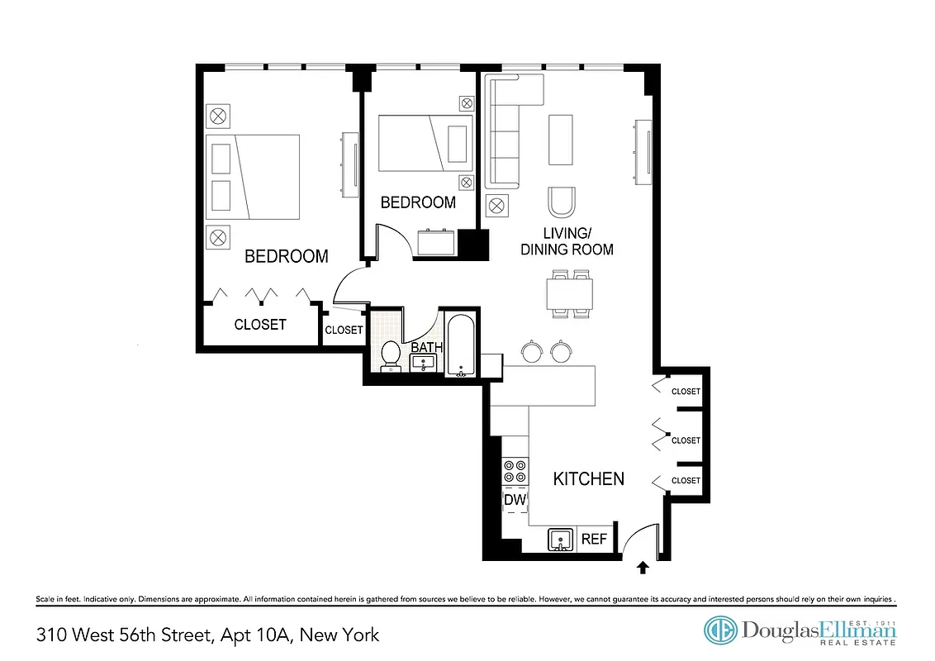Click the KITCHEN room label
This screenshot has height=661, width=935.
pos(588,478)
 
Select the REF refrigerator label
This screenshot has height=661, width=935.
pos(594,540)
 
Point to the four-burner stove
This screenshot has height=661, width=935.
pos(515,471)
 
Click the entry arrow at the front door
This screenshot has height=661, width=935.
pos(643,567)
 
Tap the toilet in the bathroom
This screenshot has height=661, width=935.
pos(391,355)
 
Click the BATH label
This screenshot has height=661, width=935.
pos(427,348)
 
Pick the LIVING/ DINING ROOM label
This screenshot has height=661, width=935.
pos(567,240)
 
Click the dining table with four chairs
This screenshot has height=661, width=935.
pos(570,292)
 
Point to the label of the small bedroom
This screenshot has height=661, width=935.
pos(417,202)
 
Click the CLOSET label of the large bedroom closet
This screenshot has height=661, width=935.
pos(260,325)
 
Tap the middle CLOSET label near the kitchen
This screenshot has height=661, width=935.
pos(686,440)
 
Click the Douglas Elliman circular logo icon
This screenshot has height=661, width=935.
pos(720,630)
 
